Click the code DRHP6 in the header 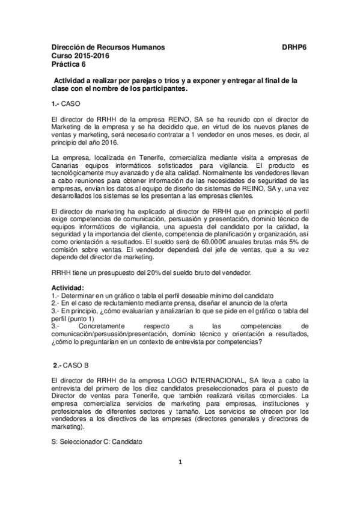click(294, 46)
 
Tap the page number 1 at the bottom click(180, 479)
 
